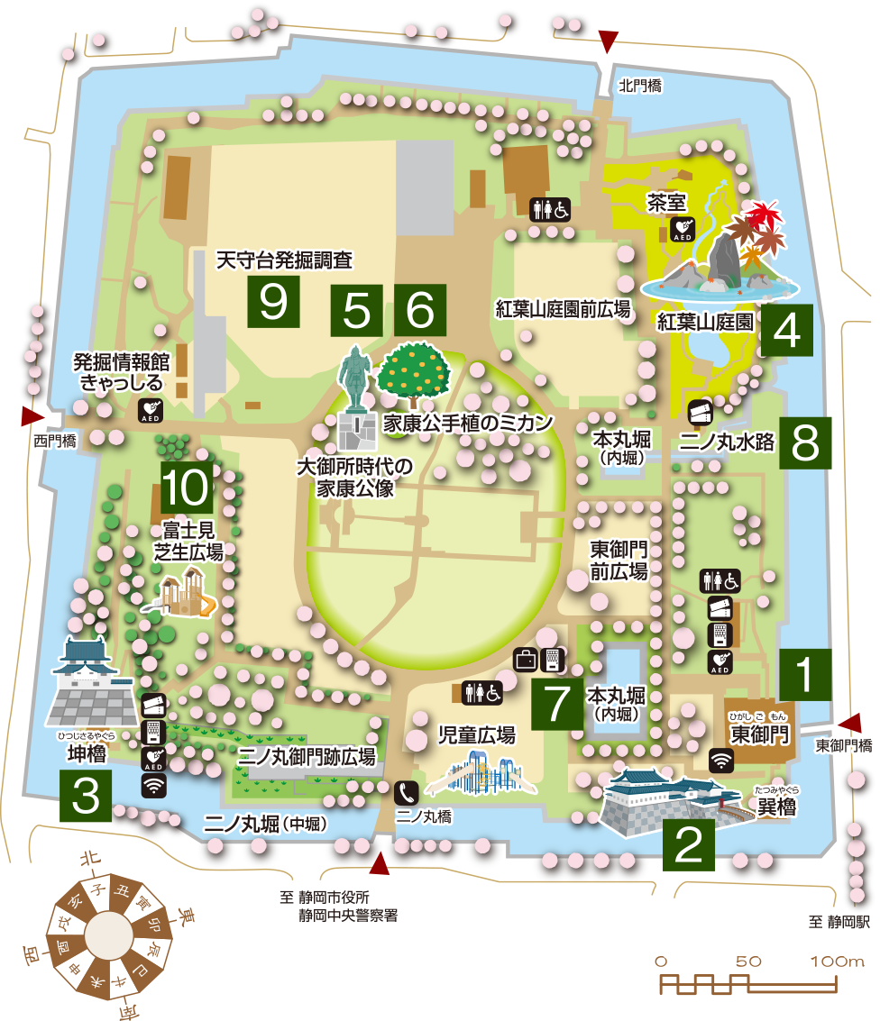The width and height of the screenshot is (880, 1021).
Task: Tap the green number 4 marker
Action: click(786, 331)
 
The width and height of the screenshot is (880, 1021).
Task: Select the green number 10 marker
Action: click(187, 488)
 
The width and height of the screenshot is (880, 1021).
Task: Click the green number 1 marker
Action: click(806, 673)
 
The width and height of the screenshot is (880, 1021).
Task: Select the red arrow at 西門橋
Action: click(32, 416)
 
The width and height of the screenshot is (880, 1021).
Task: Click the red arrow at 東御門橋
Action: click(850, 722)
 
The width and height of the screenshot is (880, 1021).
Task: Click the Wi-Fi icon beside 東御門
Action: click(720, 760)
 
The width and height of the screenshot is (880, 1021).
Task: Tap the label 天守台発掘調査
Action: click(284, 260)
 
